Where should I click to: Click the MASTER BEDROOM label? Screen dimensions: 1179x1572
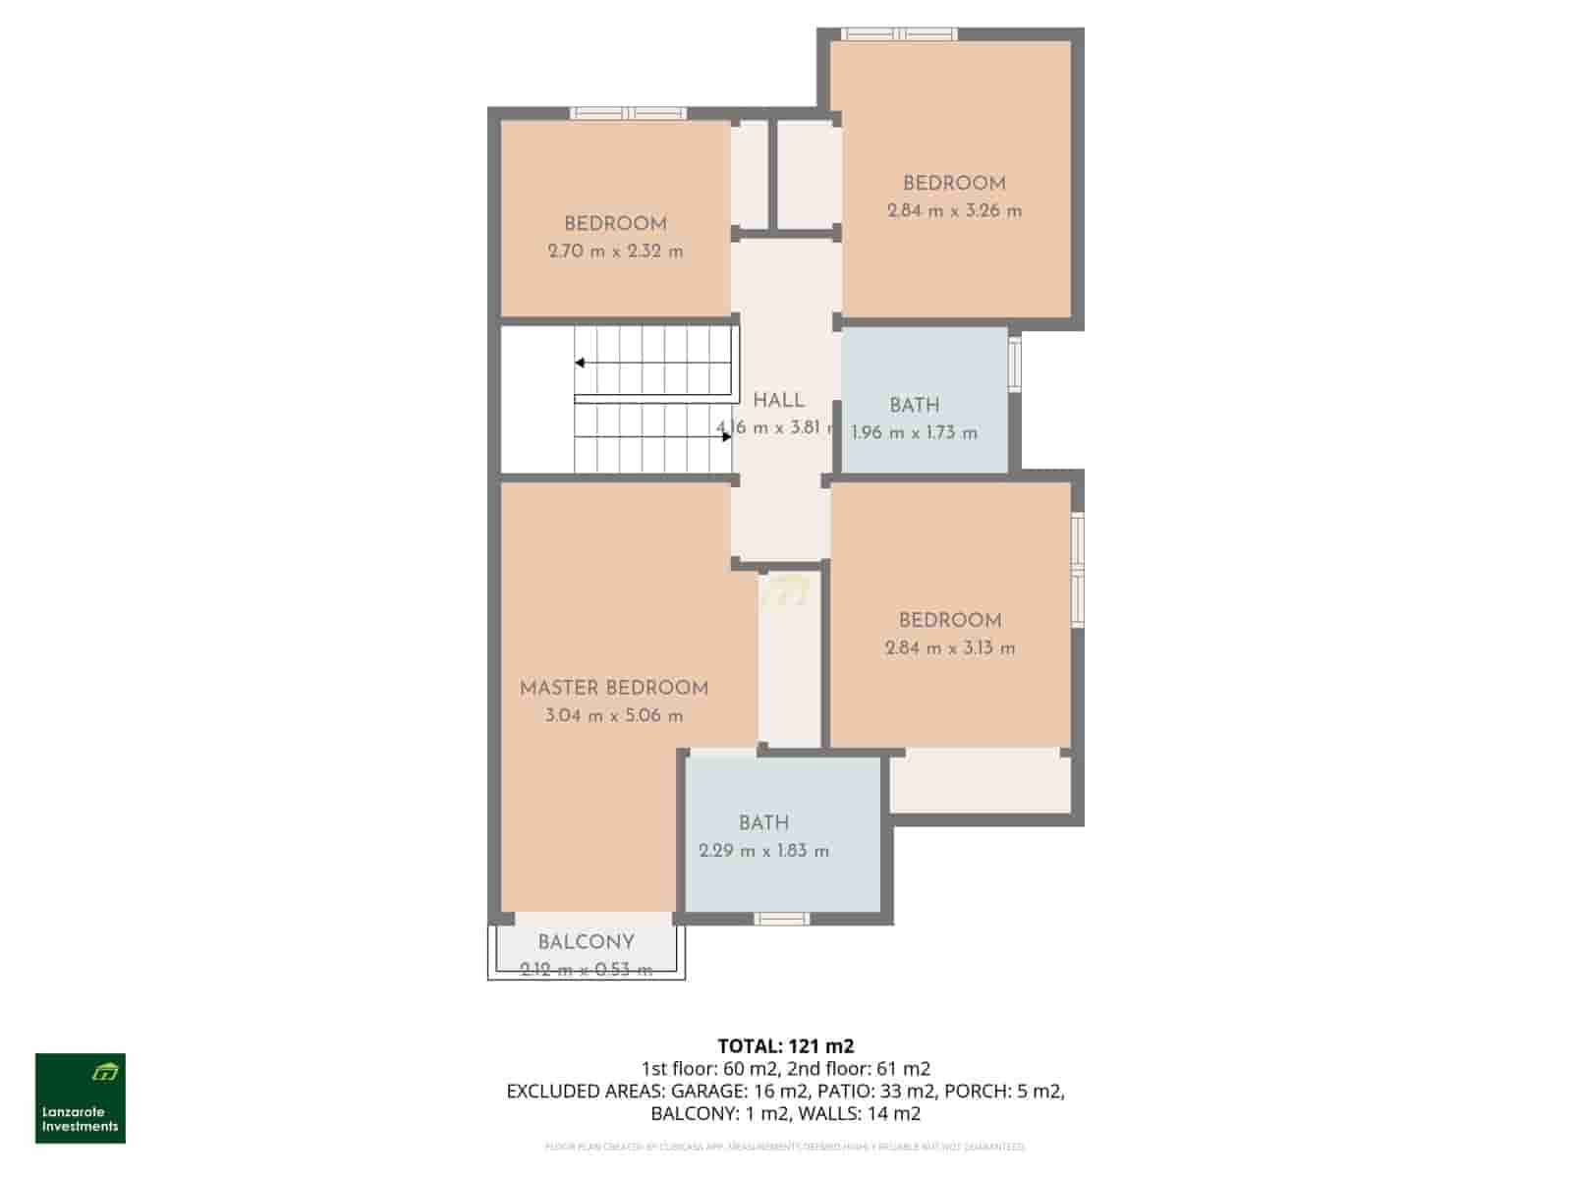point(614,688)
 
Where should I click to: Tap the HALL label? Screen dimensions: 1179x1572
point(778,401)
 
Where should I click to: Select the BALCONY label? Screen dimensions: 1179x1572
point(586,942)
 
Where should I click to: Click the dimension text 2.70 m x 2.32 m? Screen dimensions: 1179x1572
point(615,252)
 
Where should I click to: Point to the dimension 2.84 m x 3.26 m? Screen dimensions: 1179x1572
point(954,210)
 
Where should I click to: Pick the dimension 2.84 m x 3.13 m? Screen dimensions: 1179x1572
point(950,647)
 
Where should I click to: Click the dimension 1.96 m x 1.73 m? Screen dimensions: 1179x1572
point(914,432)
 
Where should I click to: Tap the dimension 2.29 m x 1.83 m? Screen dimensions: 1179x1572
point(763,851)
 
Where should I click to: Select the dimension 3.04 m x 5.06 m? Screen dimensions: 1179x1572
point(614,715)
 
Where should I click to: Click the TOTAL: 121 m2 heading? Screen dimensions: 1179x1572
point(778,1046)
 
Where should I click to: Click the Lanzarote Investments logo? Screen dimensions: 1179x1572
point(81,1098)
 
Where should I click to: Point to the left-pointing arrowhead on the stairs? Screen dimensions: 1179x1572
point(581,363)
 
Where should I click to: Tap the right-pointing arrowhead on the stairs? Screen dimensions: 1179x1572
point(727,437)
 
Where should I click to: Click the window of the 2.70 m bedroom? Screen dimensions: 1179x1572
point(629,113)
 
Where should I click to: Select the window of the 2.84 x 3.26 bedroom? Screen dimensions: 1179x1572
point(899,34)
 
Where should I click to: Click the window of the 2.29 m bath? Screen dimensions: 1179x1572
point(782,919)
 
